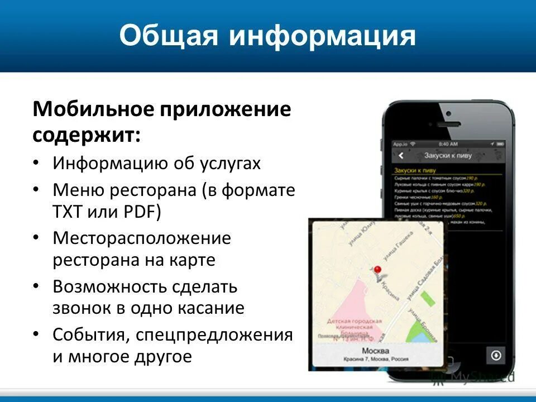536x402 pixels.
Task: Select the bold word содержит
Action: click(86, 134)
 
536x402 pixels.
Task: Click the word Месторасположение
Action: click(142, 238)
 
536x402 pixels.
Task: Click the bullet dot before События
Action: click(36, 334)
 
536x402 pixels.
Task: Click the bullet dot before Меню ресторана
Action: click(36, 190)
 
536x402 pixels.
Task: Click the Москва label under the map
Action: click(375, 351)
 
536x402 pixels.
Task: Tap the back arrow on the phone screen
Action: click(400, 156)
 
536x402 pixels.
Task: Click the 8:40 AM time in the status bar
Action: click(449, 143)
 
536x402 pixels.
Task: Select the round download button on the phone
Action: click(495, 355)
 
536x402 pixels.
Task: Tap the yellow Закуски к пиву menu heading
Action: click(414, 170)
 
